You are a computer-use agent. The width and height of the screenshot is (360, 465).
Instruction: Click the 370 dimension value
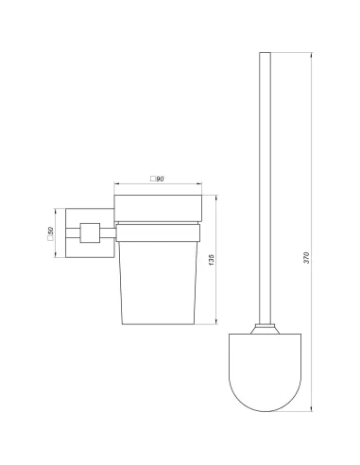pyautogui.click(x=307, y=258)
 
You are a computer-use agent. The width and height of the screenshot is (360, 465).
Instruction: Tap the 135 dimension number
pyautogui.click(x=212, y=260)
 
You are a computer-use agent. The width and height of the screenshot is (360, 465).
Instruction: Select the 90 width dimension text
pyautogui.click(x=160, y=179)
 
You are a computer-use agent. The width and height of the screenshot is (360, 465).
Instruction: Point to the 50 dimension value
pyautogui.click(x=51, y=231)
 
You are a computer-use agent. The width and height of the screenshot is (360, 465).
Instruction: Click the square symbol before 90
pyautogui.click(x=153, y=179)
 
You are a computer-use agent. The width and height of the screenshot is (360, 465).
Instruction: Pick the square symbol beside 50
pyautogui.click(x=50, y=238)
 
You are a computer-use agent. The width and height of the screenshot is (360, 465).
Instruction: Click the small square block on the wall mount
pyautogui.click(x=90, y=232)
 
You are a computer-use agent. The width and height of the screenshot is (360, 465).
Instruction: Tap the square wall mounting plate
pyautogui.click(x=90, y=232)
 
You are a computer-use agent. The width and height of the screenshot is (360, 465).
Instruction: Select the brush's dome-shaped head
pyautogui.click(x=265, y=372)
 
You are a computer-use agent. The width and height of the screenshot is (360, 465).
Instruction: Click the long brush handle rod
pyautogui.click(x=265, y=188)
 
